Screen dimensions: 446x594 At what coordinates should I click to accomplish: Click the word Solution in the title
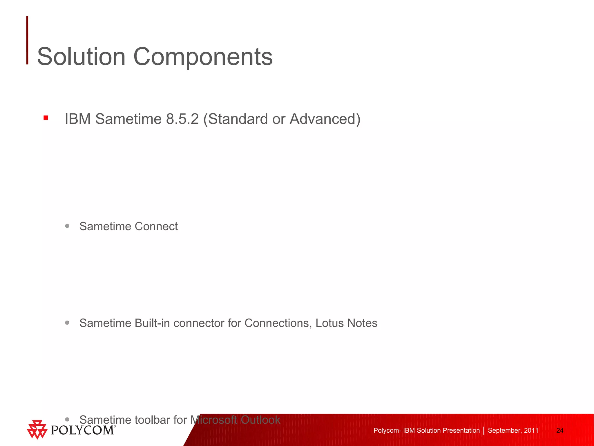point(81,57)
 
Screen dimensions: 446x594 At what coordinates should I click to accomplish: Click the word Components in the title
point(203,57)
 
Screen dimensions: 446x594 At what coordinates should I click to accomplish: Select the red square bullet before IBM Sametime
point(46,118)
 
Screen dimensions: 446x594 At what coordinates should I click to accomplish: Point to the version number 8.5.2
point(182,119)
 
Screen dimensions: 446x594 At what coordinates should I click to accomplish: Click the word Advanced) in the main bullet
point(325,119)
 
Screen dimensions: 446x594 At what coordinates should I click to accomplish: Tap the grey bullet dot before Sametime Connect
point(67,226)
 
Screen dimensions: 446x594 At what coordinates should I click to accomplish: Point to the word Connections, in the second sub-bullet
point(278,323)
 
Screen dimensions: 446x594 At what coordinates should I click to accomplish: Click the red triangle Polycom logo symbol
point(37,429)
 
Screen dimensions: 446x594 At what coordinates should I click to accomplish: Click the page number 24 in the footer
point(560,431)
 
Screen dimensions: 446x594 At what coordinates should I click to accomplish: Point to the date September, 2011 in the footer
point(513,431)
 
